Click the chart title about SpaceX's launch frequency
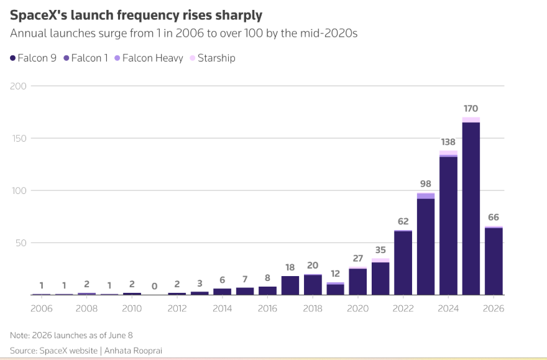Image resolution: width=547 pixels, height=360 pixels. (136, 16)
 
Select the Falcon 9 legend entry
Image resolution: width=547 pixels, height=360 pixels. (33, 58)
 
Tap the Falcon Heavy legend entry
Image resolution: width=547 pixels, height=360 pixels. (149, 58)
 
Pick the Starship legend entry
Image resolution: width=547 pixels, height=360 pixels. (213, 58)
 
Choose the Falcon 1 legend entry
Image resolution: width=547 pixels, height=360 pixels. (86, 58)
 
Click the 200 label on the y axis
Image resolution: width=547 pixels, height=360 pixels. (18, 86)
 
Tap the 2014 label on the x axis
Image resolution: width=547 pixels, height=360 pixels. (223, 308)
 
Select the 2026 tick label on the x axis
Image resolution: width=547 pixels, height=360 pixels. (494, 308)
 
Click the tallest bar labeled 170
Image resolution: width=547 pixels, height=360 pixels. (471, 206)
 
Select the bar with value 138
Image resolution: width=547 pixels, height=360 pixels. (448, 223)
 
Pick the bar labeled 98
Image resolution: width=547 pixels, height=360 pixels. (426, 244)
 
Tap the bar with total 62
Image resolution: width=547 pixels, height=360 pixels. (403, 262)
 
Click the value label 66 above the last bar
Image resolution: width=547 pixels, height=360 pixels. (494, 218)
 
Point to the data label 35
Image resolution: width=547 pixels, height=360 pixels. (380, 250)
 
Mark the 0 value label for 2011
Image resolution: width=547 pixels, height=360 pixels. (154, 287)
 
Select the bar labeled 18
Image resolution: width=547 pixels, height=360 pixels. (290, 285)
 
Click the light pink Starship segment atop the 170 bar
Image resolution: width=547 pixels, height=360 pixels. (471, 120)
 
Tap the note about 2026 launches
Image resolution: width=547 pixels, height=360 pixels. (71, 335)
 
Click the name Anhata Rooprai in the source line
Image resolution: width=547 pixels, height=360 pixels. (133, 351)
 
